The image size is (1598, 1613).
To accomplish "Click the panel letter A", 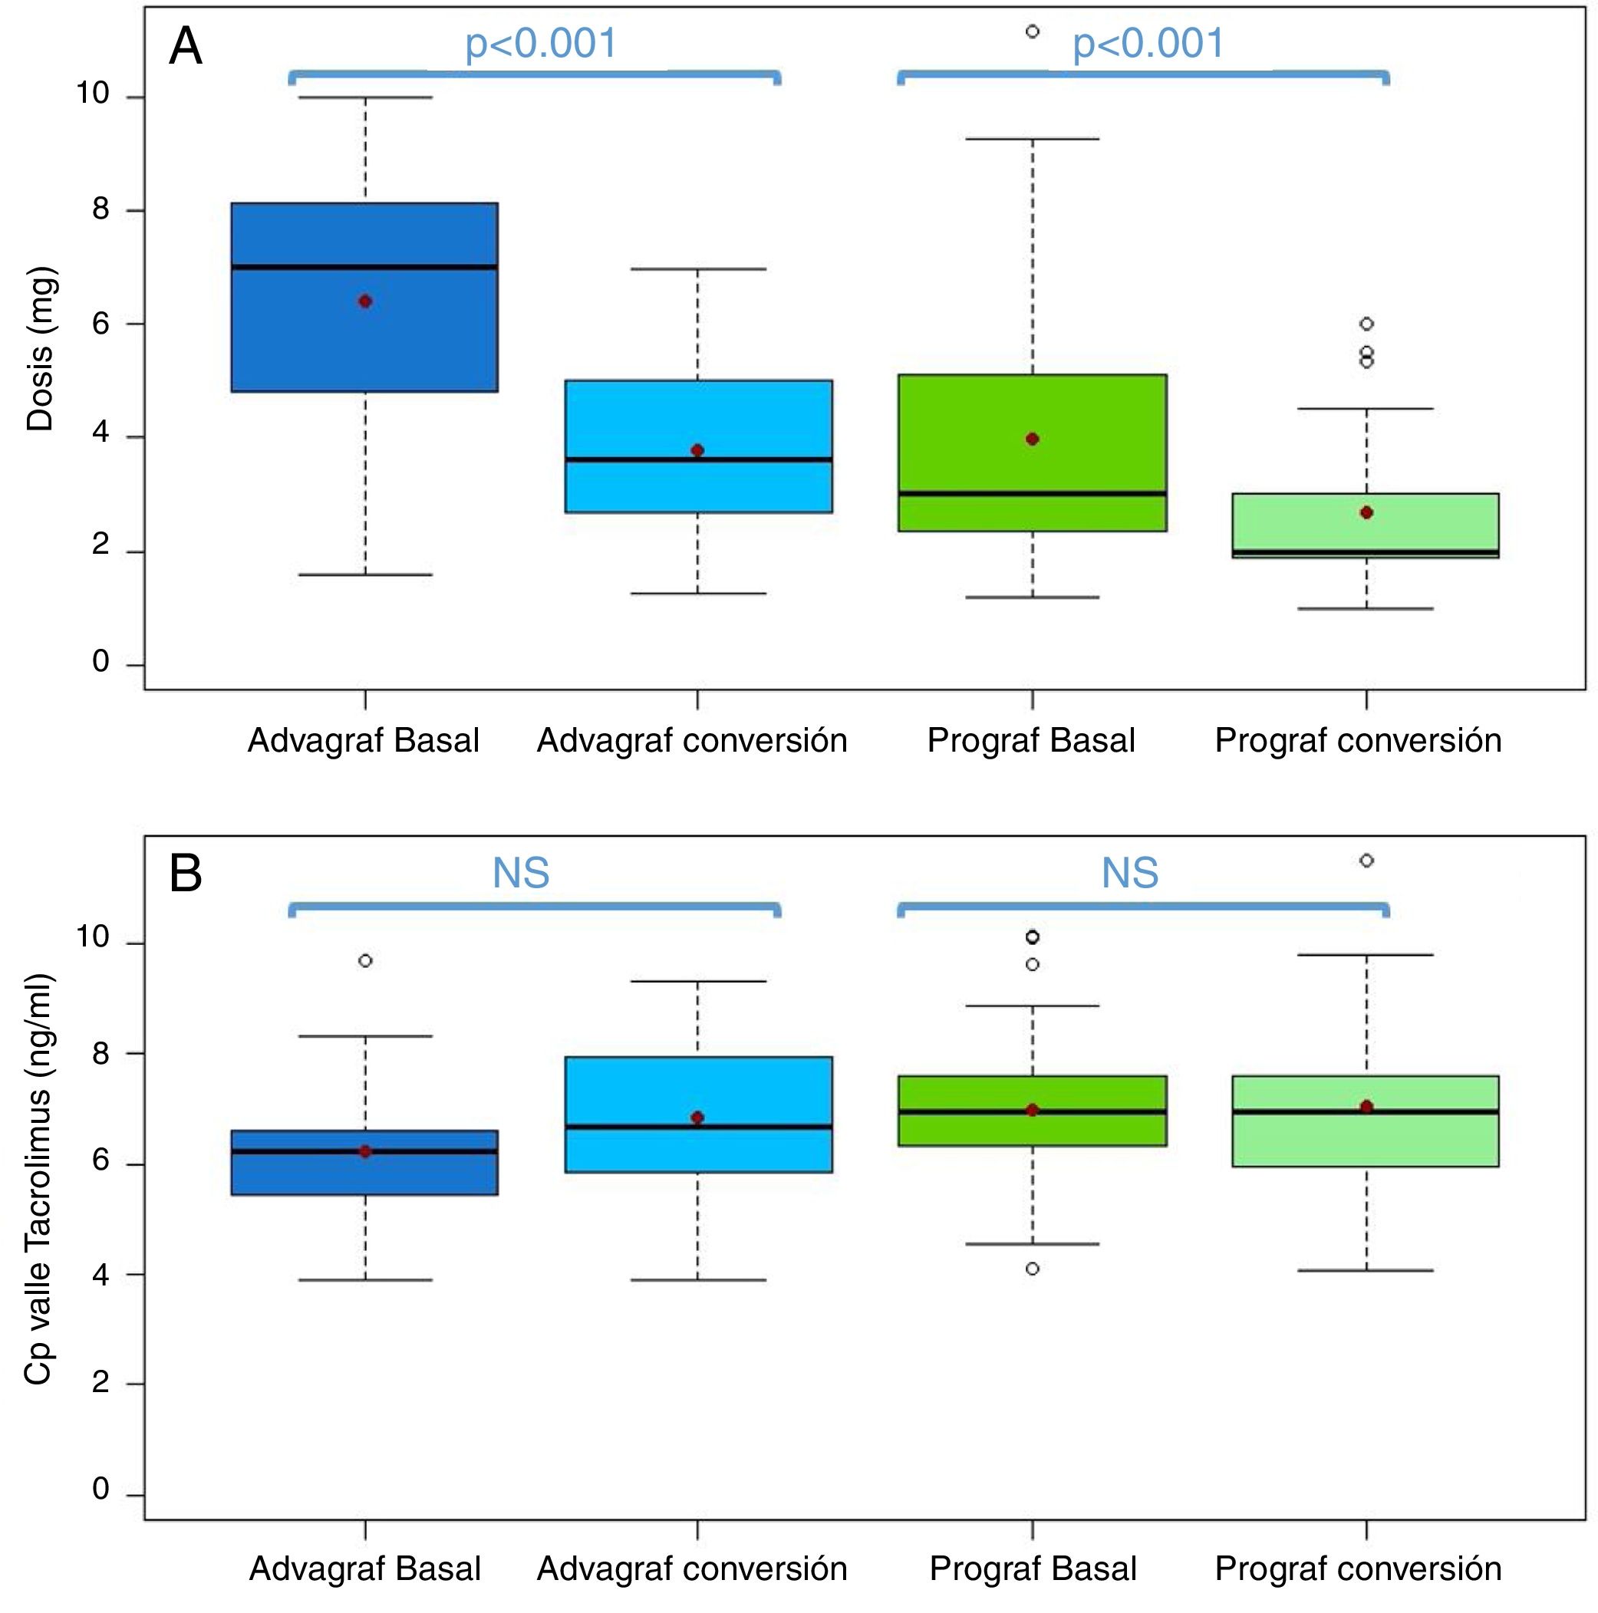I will point(186,48).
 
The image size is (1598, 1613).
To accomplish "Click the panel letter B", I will point(186,874).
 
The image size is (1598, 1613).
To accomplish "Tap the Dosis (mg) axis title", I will point(40,348).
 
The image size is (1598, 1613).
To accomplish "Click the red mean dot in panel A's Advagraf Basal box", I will point(365,301).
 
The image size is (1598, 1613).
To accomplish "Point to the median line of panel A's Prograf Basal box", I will point(1032,493).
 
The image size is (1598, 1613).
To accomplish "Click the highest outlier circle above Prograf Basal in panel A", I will point(1032,31).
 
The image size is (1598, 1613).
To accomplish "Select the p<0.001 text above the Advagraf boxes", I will point(541,44).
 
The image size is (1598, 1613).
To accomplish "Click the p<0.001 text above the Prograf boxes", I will point(1148,44).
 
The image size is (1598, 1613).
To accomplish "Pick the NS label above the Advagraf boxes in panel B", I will point(521,874).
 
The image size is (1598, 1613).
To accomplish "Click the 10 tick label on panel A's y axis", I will point(93,94).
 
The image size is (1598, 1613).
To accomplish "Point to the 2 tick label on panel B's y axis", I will point(100,1383).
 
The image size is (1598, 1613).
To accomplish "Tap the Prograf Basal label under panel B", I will point(1033,1569).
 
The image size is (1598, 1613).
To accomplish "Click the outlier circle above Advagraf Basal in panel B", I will point(365,961).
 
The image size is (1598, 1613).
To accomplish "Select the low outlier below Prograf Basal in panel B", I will point(1032,1269).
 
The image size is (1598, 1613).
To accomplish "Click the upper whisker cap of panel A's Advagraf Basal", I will point(365,97).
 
